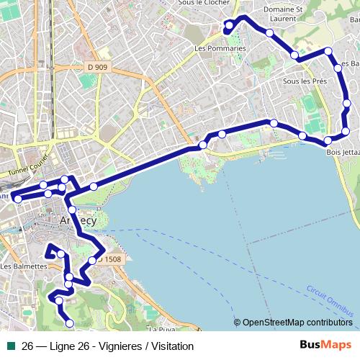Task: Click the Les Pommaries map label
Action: [x=220, y=49]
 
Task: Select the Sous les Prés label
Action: [x=305, y=81]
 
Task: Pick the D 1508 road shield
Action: [x=109, y=259]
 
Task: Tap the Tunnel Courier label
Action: [x=28, y=168]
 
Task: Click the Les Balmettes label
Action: [x=24, y=266]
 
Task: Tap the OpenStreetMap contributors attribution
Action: [x=297, y=323]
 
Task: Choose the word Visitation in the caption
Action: [x=170, y=346]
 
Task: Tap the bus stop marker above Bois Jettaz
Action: [x=328, y=140]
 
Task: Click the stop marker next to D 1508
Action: [x=92, y=260]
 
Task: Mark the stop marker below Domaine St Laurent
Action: [x=269, y=33]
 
